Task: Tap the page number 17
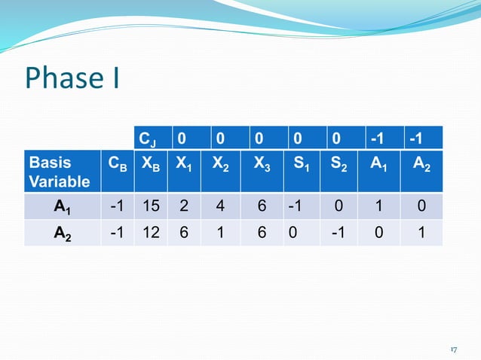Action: click(x=454, y=350)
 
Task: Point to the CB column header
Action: click(x=116, y=163)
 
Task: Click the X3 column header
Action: click(x=262, y=163)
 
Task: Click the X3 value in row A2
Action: click(x=262, y=233)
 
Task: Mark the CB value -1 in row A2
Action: click(x=116, y=233)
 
